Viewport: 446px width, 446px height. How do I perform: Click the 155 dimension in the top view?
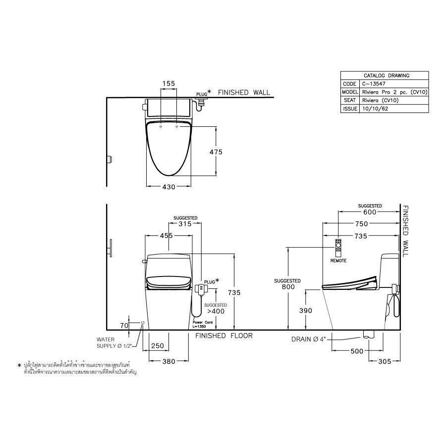pyautogui.click(x=169, y=84)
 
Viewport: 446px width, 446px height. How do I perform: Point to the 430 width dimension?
pyautogui.click(x=169, y=187)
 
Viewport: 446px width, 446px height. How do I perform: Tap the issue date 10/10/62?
pyautogui.click(x=375, y=108)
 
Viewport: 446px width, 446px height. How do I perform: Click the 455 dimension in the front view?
pyautogui.click(x=166, y=236)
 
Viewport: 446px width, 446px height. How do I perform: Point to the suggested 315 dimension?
pyautogui.click(x=185, y=224)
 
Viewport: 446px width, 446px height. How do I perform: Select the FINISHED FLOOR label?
pyautogui.click(x=223, y=336)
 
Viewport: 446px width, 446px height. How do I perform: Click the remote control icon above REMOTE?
pyautogui.click(x=338, y=246)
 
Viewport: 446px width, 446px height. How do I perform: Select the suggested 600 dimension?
pyautogui.click(x=370, y=212)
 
